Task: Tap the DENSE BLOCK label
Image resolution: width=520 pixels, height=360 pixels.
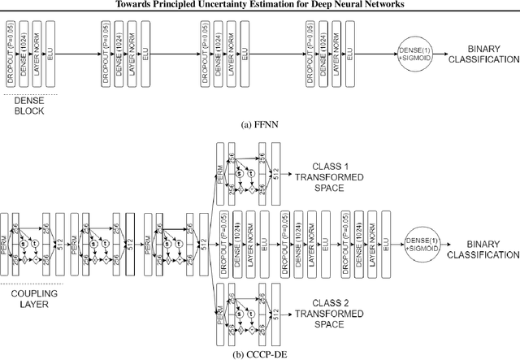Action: coord(29,106)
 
